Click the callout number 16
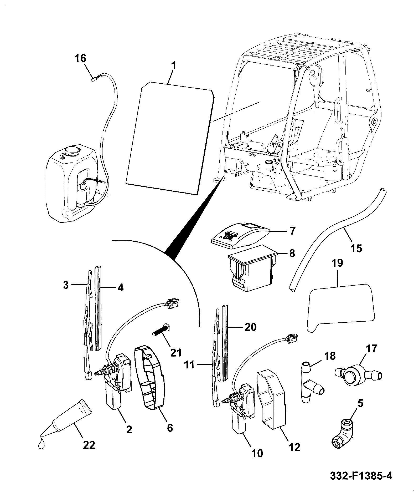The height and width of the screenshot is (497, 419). tap(81, 58)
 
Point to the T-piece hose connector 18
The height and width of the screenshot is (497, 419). tap(312, 386)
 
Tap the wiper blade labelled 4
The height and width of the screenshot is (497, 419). tap(98, 308)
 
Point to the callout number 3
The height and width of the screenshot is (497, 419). tap(66, 285)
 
